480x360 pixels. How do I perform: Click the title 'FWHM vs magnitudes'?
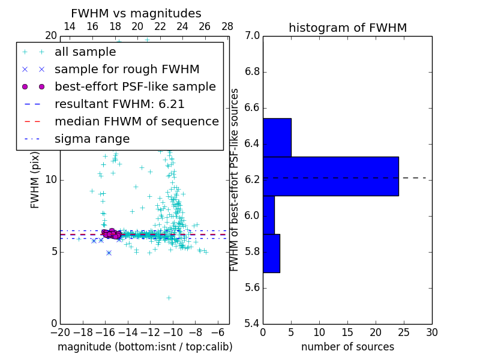(136, 13)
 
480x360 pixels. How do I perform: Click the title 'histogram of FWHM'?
(347, 28)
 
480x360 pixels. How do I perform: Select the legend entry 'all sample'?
(85, 52)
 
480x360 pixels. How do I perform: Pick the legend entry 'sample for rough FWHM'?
(127, 70)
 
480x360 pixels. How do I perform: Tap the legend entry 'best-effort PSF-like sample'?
(135, 87)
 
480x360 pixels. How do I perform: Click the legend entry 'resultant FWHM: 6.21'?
(119, 104)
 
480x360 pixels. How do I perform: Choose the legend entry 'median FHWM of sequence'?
(136, 122)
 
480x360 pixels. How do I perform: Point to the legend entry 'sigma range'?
(92, 139)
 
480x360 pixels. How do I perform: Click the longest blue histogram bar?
(331, 176)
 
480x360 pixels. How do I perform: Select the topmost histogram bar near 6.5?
(277, 137)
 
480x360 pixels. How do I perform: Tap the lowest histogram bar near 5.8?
(271, 253)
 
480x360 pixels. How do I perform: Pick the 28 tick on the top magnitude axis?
(227, 26)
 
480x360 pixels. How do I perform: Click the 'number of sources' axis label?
(347, 347)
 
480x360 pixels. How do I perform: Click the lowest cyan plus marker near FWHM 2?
(169, 298)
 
